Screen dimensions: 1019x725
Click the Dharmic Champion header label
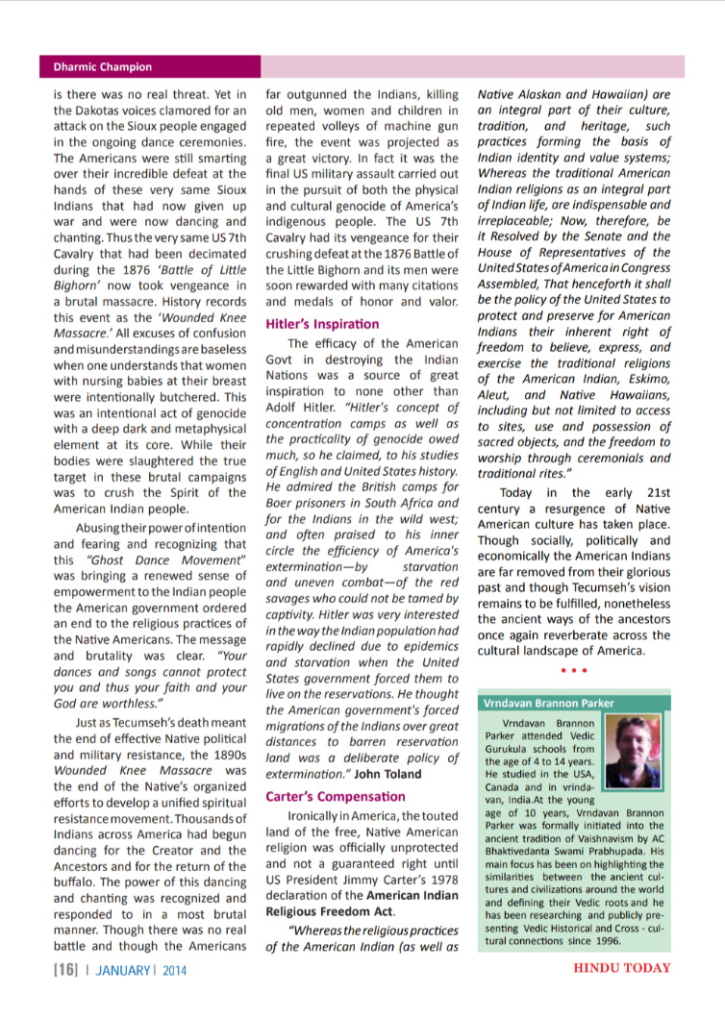coord(96,67)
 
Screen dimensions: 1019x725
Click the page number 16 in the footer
coord(65,970)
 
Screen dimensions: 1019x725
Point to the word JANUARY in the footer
coord(120,970)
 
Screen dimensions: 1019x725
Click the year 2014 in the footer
coord(172,970)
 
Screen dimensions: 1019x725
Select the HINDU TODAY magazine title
coord(621,968)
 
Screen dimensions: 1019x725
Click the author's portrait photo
coord(641,747)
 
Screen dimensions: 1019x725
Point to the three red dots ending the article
coord(573,669)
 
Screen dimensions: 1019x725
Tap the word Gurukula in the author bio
coord(514,748)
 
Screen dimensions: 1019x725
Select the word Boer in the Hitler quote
coord(283,504)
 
